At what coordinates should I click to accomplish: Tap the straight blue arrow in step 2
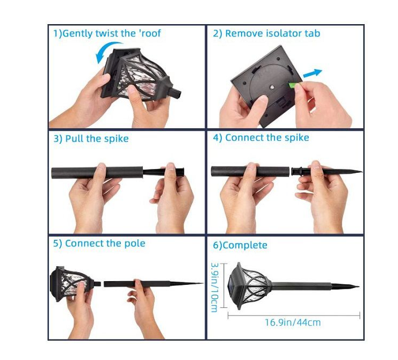pos(313,74)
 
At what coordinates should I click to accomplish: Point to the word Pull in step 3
pos(75,138)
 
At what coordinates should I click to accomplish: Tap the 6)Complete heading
pos(240,245)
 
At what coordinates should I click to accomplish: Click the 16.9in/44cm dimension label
pos(293,322)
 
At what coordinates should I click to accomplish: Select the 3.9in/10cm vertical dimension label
pos(214,287)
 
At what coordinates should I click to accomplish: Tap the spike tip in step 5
pos(202,283)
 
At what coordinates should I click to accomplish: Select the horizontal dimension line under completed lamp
pos(294,315)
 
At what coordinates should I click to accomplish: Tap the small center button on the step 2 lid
pos(272,87)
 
